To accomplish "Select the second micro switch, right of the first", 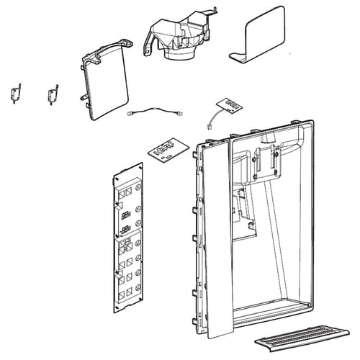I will (52, 93).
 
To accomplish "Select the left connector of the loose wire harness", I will (132, 112).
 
